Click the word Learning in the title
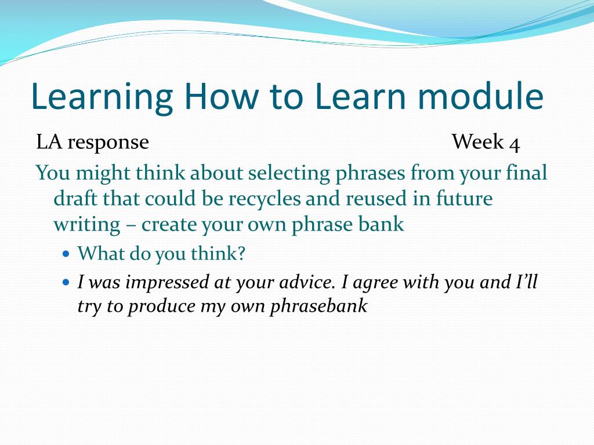click(x=102, y=97)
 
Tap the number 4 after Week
click(x=515, y=144)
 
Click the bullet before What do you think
click(x=66, y=253)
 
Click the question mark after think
click(x=241, y=253)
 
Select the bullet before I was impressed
click(x=66, y=282)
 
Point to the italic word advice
click(x=307, y=282)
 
